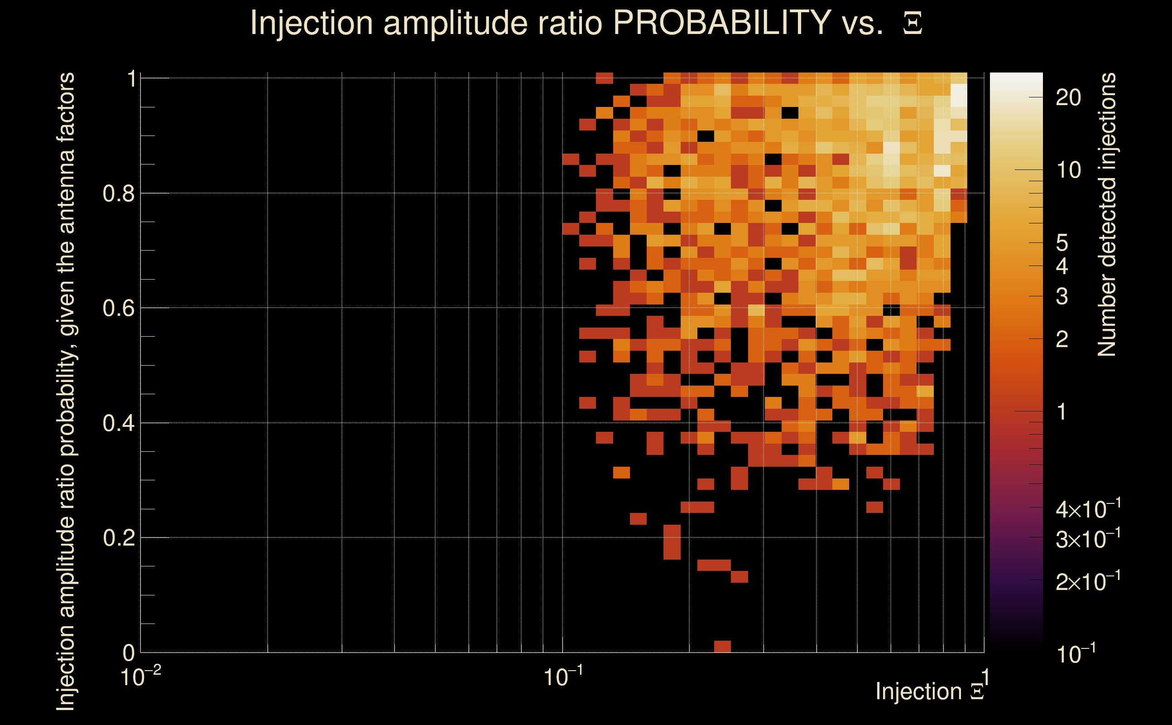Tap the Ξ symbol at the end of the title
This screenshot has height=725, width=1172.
913,24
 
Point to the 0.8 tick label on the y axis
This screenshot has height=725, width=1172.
118,194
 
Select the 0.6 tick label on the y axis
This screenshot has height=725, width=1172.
118,308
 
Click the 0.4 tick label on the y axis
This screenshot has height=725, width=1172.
118,423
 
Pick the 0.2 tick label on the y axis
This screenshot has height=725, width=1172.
118,538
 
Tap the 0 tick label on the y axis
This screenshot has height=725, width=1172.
129,653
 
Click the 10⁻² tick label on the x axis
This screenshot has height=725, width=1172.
140,677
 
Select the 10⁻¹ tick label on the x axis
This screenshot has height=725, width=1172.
563,677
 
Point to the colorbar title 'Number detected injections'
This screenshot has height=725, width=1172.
1107,214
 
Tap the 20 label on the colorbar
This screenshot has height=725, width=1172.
1068,98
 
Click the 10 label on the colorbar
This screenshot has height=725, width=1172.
1068,170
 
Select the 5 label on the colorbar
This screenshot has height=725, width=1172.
1062,243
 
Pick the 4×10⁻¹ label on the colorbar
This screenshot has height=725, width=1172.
1088,510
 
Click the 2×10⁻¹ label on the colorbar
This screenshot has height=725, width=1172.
1088,582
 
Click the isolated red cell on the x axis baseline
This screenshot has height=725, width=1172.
722,646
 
